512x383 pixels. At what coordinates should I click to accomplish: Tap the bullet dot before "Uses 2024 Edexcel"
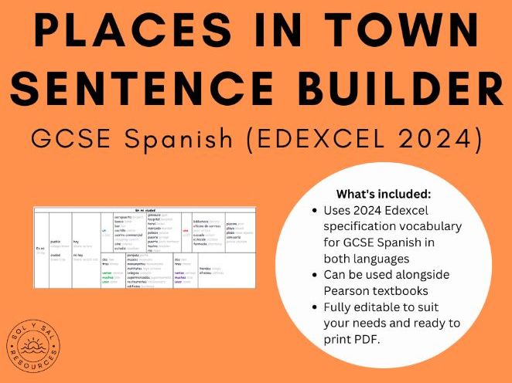312,210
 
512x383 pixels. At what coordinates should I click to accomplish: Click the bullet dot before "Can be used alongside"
312,276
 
